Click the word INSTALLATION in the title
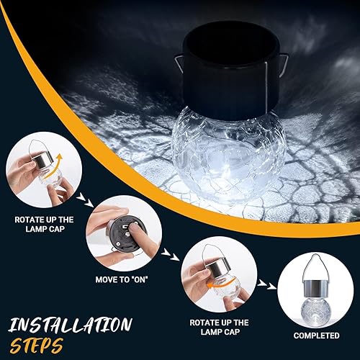[70, 324]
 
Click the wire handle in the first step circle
[36, 148]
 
